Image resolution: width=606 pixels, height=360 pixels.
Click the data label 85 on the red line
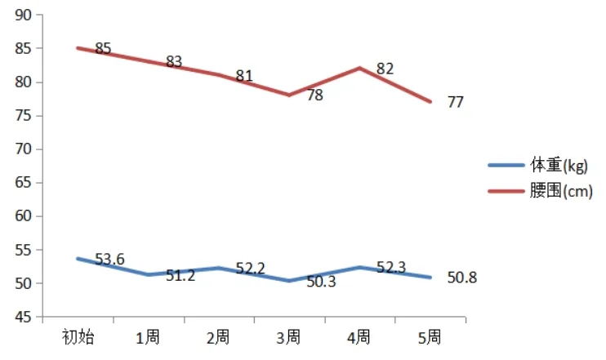pyautogui.click(x=103, y=49)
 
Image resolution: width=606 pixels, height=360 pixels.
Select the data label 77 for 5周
pyautogui.click(x=456, y=102)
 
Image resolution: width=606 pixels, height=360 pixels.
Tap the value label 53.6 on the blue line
pyautogui.click(x=109, y=260)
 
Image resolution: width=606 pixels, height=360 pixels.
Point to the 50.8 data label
pyautogui.click(x=461, y=278)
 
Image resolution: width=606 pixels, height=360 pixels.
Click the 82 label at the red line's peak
pyautogui.click(x=385, y=69)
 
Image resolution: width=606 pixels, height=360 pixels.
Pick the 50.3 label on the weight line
pyautogui.click(x=320, y=282)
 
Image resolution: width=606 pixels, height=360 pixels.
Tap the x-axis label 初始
pyautogui.click(x=78, y=337)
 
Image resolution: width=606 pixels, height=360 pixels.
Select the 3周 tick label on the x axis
pyautogui.click(x=288, y=337)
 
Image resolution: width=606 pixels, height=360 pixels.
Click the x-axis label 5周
pyautogui.click(x=429, y=337)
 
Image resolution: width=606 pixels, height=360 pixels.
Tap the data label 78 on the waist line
pyautogui.click(x=314, y=96)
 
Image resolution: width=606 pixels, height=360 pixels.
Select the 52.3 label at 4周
pyautogui.click(x=391, y=268)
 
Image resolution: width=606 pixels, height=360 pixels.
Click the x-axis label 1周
pyautogui.click(x=148, y=337)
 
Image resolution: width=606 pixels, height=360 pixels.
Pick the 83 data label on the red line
pyautogui.click(x=173, y=61)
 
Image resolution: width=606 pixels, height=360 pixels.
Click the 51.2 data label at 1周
pyautogui.click(x=180, y=276)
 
